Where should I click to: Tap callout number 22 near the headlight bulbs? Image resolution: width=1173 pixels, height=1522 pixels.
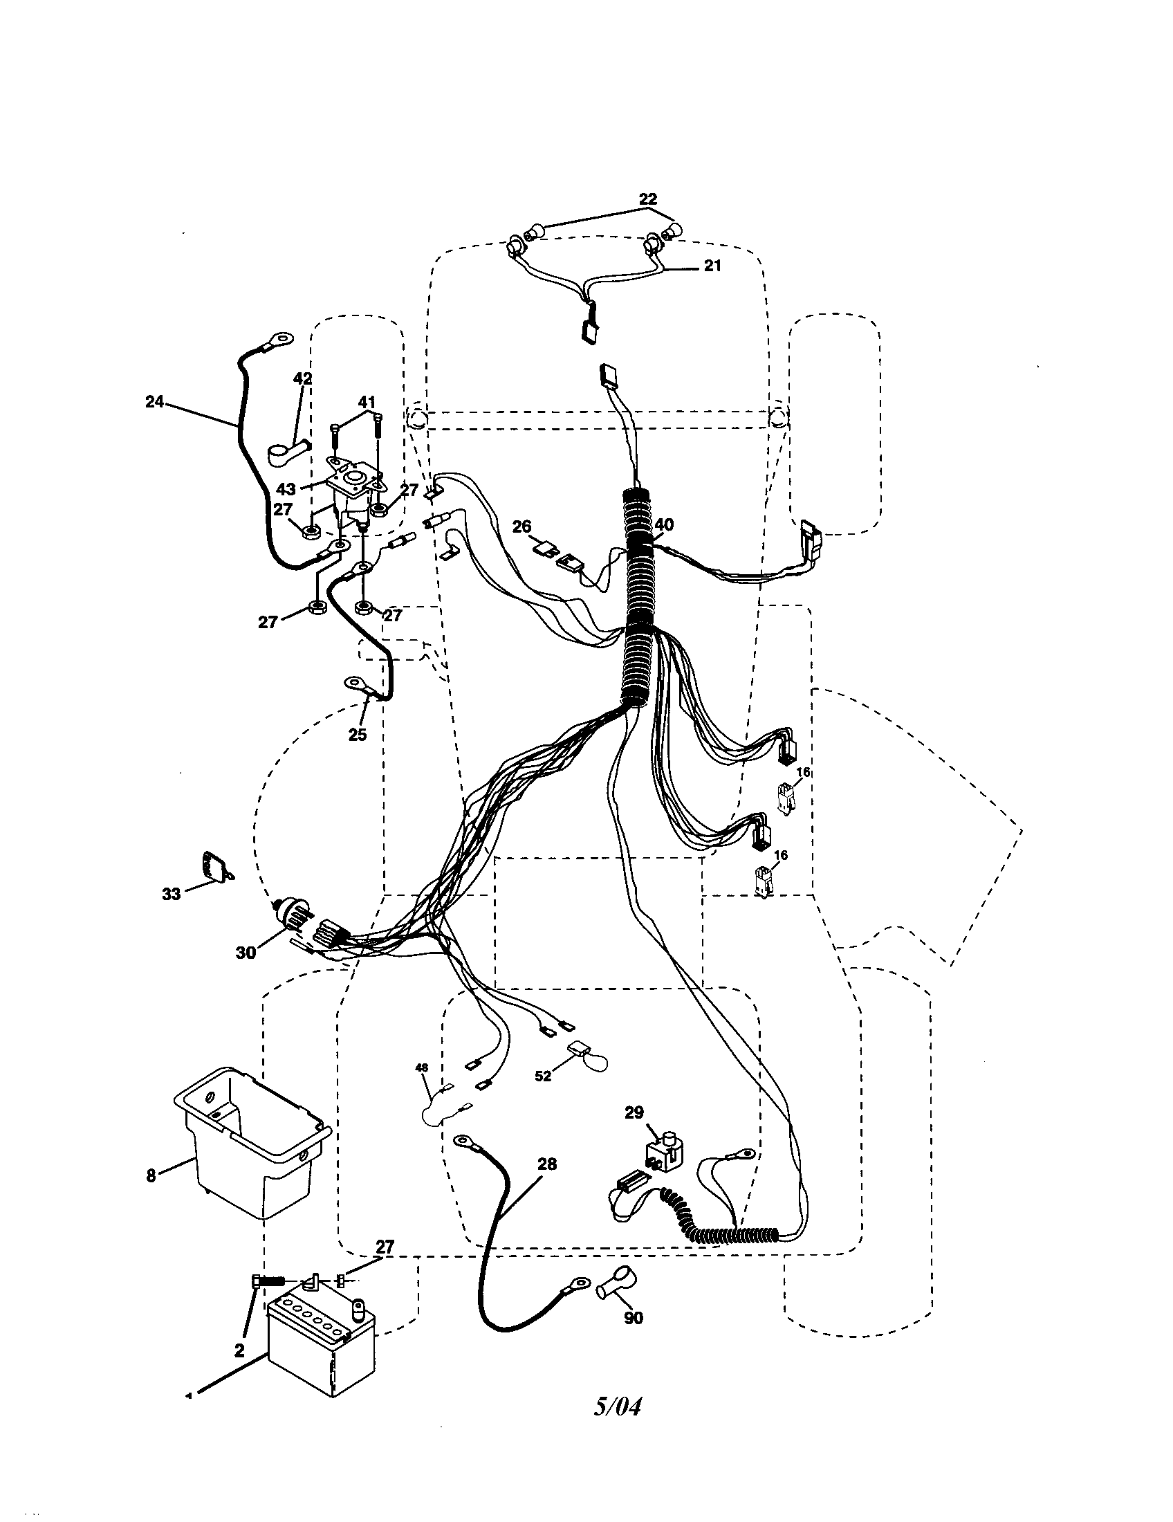[647, 199]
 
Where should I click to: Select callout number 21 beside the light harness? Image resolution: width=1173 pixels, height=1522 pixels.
[712, 266]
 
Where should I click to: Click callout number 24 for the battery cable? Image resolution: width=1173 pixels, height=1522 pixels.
[154, 401]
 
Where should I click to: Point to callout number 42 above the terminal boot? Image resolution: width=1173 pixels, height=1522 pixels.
[302, 378]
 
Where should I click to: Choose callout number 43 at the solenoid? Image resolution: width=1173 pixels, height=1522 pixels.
[286, 489]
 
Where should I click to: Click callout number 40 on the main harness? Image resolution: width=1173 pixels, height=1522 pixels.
[665, 525]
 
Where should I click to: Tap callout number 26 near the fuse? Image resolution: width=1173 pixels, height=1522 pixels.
[521, 526]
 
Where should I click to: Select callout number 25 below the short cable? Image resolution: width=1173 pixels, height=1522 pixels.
[357, 735]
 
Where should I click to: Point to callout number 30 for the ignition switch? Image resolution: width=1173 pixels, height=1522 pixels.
[246, 953]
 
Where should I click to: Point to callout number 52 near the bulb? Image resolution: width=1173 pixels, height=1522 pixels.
[543, 1076]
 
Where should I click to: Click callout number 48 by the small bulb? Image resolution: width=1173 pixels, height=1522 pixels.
[422, 1067]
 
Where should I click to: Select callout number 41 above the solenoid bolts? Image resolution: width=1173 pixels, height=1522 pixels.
[367, 402]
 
